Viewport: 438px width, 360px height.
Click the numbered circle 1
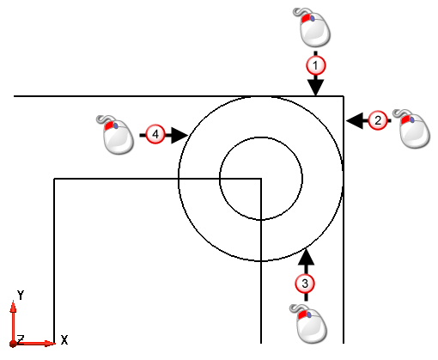(x=316, y=65)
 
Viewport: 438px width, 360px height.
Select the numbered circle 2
(x=378, y=120)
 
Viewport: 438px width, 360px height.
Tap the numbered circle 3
(x=305, y=284)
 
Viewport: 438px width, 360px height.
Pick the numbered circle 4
(x=155, y=134)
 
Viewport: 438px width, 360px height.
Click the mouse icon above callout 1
(x=313, y=27)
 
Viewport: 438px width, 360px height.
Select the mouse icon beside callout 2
(x=412, y=129)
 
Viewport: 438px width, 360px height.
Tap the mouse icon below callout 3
(x=309, y=324)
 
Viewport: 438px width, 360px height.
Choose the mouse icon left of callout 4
(x=116, y=135)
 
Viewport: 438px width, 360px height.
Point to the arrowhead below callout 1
(x=315, y=88)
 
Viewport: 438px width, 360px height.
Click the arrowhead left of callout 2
(x=354, y=120)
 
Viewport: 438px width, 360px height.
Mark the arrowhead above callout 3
(x=306, y=257)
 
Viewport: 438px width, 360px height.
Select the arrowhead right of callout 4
(x=179, y=135)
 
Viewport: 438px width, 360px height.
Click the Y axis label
(x=21, y=295)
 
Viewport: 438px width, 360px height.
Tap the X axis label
(x=64, y=340)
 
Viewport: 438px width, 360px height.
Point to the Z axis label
(x=20, y=339)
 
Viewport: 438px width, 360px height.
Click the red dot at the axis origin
(x=13, y=344)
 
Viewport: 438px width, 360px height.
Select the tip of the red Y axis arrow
(x=13, y=300)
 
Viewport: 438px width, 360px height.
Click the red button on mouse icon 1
(x=306, y=18)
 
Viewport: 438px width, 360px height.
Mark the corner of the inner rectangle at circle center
(x=261, y=179)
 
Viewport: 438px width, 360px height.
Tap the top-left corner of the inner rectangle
(x=54, y=179)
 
